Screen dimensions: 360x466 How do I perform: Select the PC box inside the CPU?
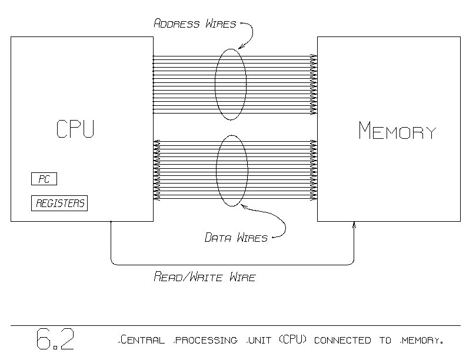[44, 179]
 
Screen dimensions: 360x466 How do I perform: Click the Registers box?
[59, 204]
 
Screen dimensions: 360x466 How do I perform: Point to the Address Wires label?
[195, 24]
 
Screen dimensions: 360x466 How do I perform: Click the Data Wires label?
[236, 238]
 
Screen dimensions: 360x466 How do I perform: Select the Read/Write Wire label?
[204, 276]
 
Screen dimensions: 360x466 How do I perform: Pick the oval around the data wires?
[231, 171]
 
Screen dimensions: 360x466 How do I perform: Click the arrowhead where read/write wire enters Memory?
[354, 224]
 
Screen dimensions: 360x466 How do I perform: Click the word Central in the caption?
[140, 341]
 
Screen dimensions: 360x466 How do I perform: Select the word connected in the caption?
[346, 341]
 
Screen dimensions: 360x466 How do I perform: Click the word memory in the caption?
[419, 341]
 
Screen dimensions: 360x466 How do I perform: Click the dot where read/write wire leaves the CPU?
[111, 222]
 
